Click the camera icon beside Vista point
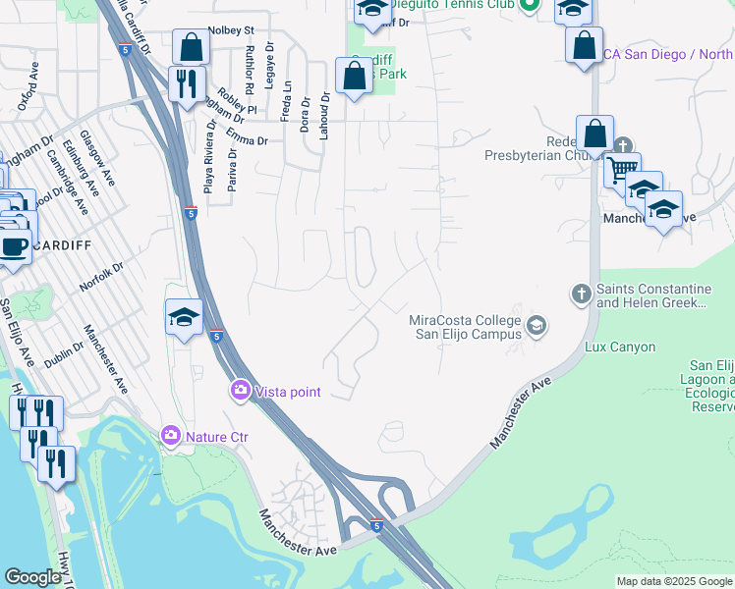click(x=241, y=392)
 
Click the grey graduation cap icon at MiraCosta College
click(x=537, y=326)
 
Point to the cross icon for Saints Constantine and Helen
click(x=581, y=294)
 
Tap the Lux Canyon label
click(x=619, y=348)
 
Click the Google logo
click(x=32, y=577)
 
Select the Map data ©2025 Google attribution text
click(x=673, y=581)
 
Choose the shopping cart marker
click(x=621, y=169)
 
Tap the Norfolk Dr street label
click(x=103, y=281)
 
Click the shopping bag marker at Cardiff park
click(x=354, y=77)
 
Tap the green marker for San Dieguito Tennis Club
click(x=529, y=4)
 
